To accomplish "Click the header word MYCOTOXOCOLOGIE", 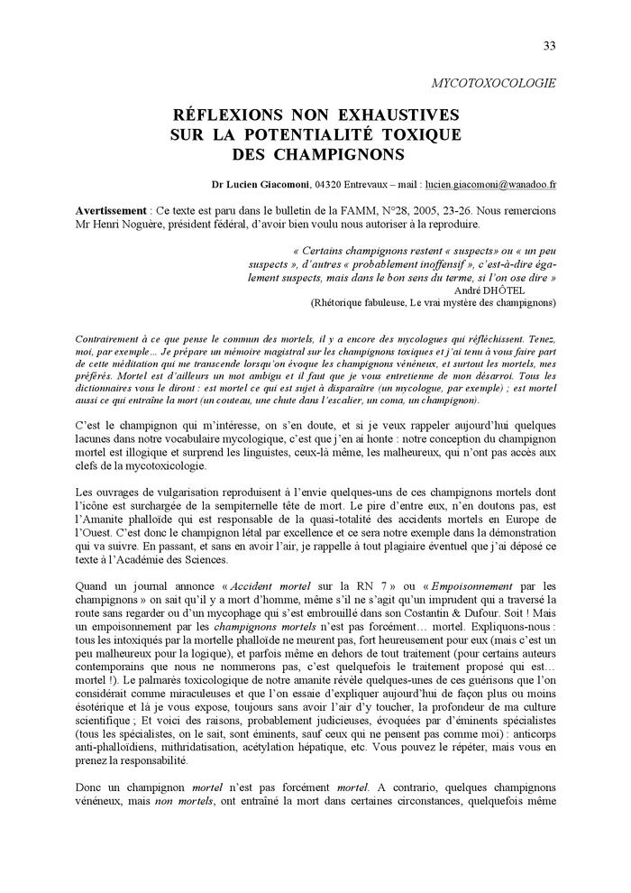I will [494, 83].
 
